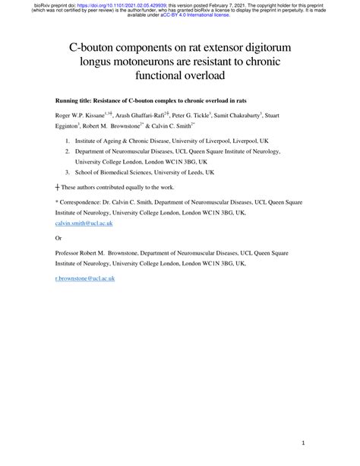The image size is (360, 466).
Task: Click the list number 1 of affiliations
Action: [68, 141]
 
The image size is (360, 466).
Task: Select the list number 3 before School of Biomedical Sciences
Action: [68, 173]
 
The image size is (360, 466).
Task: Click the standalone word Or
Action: [60, 237]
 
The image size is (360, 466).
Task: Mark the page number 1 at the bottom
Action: [302, 442]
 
